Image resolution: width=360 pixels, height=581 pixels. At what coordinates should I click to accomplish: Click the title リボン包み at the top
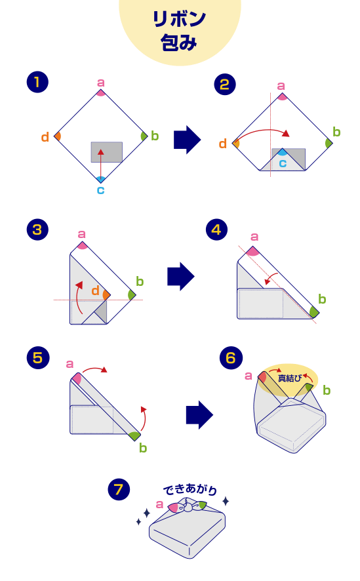click(x=179, y=30)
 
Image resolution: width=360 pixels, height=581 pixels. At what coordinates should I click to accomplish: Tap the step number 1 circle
click(x=37, y=82)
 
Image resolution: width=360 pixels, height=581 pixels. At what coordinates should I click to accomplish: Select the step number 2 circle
click(x=225, y=85)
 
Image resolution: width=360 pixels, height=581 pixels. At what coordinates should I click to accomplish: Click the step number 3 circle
click(x=37, y=230)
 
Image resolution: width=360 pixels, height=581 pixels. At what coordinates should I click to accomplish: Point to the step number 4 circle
click(x=216, y=230)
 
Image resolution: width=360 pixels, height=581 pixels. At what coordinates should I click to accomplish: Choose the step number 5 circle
click(x=38, y=357)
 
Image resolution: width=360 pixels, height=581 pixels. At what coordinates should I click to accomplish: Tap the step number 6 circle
click(x=231, y=357)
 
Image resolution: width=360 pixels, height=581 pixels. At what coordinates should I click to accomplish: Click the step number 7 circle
click(x=119, y=489)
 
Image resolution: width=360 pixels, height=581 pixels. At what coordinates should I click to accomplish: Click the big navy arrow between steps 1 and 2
click(x=188, y=140)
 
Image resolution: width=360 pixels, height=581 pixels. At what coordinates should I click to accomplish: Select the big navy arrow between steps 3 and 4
click(x=181, y=277)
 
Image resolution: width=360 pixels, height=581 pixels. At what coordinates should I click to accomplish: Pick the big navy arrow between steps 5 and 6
click(x=199, y=414)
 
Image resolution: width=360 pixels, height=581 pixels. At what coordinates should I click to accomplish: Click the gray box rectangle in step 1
click(x=107, y=152)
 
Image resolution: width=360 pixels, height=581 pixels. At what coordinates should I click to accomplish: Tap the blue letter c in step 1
click(x=101, y=190)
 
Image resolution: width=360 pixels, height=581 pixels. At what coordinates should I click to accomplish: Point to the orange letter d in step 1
click(x=45, y=137)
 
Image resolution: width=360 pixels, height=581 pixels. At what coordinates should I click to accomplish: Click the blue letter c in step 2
click(x=283, y=163)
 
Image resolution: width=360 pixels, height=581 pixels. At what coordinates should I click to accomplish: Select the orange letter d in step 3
click(x=95, y=290)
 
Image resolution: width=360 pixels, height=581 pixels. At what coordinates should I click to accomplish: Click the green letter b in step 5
click(x=143, y=448)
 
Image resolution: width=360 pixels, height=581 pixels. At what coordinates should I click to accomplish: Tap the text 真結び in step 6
click(x=290, y=378)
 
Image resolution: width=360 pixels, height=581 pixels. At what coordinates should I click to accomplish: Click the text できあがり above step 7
click(x=190, y=489)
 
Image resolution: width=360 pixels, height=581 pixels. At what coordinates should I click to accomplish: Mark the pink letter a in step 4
click(x=254, y=237)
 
